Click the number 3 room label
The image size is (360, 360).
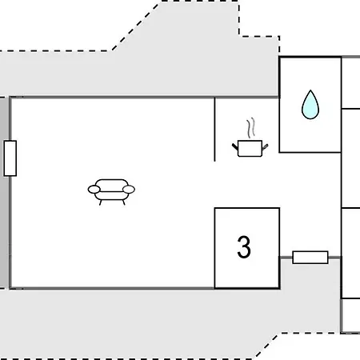pyautogui.click(x=244, y=247)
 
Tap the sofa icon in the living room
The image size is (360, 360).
pyautogui.click(x=111, y=192)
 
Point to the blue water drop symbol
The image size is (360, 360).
pyautogui.click(x=310, y=105)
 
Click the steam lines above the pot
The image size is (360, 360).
pyautogui.click(x=250, y=128)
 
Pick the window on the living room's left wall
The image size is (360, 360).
pyautogui.click(x=10, y=158)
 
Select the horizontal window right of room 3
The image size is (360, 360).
pyautogui.click(x=310, y=258)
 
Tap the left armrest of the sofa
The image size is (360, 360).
pyautogui.click(x=94, y=190)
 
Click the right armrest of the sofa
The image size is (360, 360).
pyautogui.click(x=129, y=190)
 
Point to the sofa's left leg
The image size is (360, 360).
pyautogui.click(x=101, y=202)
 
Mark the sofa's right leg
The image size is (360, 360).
pyautogui.click(x=123, y=202)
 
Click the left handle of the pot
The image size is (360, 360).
pyautogui.click(x=235, y=146)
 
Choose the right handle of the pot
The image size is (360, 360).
pyautogui.click(x=265, y=146)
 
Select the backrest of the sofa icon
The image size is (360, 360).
pyautogui.click(x=112, y=186)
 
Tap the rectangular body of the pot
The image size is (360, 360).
pyautogui.click(x=250, y=149)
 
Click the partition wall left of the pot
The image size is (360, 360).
pyautogui.click(x=214, y=130)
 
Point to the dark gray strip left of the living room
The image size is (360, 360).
pyautogui.click(x=4, y=193)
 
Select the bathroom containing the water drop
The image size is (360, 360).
pyautogui.click(x=310, y=105)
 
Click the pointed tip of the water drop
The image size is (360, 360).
pyautogui.click(x=310, y=90)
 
